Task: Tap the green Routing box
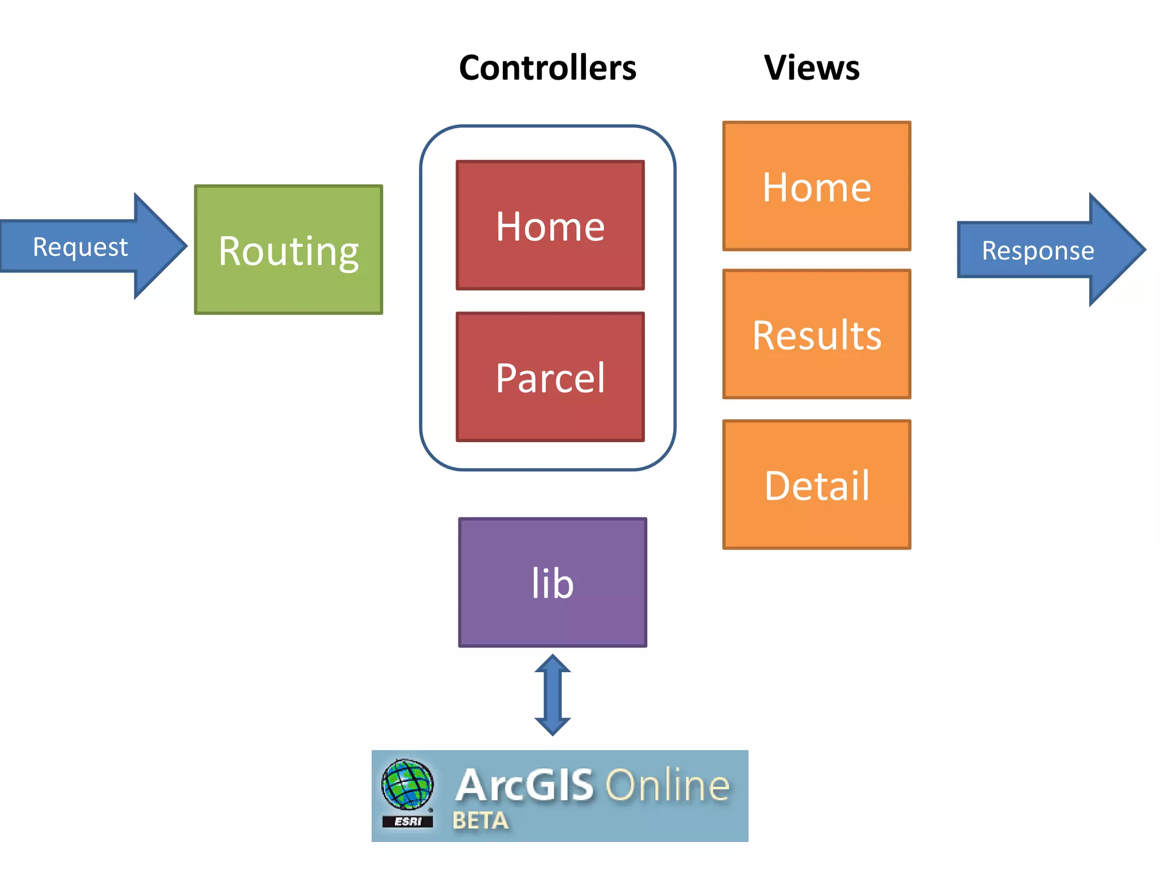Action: pos(288,250)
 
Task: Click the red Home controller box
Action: pos(550,225)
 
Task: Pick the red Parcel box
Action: pos(550,377)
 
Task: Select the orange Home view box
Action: pos(816,186)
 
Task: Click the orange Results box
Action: pos(816,334)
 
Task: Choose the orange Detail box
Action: pos(816,485)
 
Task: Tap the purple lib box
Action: pos(553,583)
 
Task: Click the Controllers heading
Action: pos(547,68)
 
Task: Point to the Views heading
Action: pos(812,68)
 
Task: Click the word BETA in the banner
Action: pos(480,821)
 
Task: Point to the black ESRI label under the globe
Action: pos(408,821)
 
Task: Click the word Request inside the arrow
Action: pos(80,247)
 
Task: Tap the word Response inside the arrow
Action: pos(1038,251)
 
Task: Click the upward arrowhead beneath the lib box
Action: pos(553,664)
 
